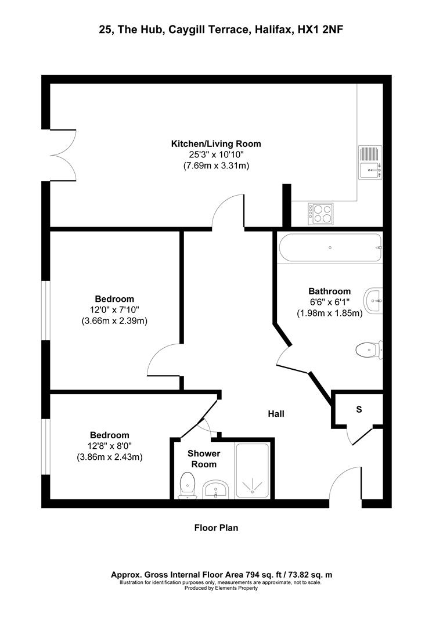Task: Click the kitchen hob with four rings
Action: pyautogui.click(x=320, y=213)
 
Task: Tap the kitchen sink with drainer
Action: pyautogui.click(x=369, y=162)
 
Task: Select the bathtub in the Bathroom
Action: pyautogui.click(x=330, y=248)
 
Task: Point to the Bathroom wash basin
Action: pyautogui.click(x=373, y=301)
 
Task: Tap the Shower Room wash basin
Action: pyautogui.click(x=217, y=489)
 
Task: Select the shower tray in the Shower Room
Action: pyautogui.click(x=253, y=470)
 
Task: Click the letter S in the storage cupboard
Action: pyautogui.click(x=359, y=409)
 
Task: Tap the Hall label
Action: pyautogui.click(x=276, y=414)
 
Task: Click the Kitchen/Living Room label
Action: pyautogui.click(x=215, y=143)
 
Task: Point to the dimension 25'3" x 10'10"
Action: pyautogui.click(x=215, y=154)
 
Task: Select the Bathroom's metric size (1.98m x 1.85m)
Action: pyautogui.click(x=330, y=313)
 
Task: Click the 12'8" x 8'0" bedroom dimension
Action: pyautogui.click(x=110, y=446)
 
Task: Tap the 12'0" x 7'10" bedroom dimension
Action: pyautogui.click(x=115, y=310)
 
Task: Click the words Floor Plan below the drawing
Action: pyautogui.click(x=216, y=528)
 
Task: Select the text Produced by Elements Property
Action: pyautogui.click(x=221, y=588)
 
